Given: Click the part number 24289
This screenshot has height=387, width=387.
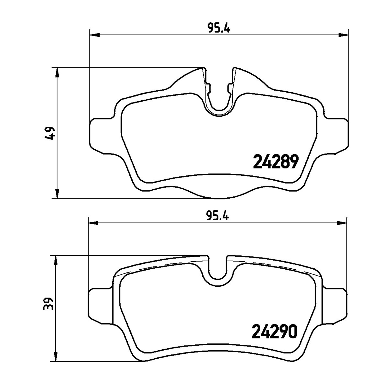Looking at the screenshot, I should [x=276, y=162].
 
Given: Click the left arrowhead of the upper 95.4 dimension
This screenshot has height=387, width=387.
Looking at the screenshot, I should [x=94, y=35].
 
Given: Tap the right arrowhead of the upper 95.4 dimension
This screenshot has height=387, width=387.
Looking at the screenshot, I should [x=343, y=35].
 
